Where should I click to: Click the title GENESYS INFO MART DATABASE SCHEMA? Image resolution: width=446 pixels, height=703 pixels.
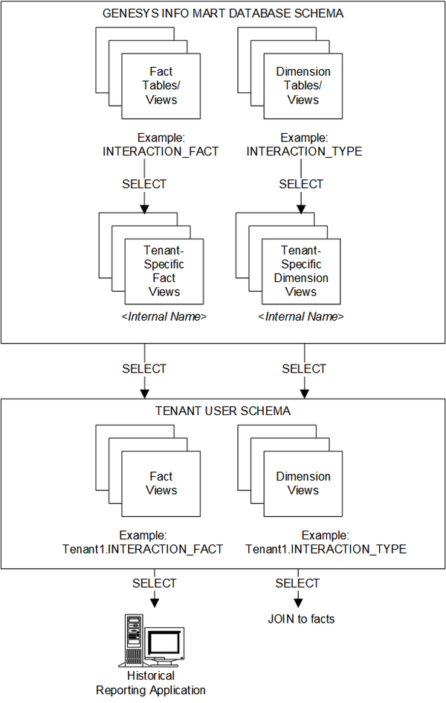pos(224,13)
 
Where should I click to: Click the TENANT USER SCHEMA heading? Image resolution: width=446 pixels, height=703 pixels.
pos(223,411)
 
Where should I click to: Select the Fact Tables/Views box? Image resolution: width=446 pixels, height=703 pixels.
pos(161,85)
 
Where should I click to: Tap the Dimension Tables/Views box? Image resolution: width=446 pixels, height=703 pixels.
pos(303,85)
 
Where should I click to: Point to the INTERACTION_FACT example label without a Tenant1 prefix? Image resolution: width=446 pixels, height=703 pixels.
pos(161,152)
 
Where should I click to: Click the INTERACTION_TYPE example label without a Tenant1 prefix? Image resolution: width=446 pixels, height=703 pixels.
pos(304,152)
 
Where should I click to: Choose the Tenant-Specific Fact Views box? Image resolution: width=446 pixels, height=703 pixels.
pos(164,271)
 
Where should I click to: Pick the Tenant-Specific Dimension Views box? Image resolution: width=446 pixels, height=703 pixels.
pos(301,271)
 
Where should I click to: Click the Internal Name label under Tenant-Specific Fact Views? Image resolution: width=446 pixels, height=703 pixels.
pos(164,317)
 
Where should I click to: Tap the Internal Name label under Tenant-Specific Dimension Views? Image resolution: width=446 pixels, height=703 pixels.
pos(301,317)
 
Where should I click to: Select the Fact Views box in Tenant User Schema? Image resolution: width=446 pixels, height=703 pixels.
pos(161,484)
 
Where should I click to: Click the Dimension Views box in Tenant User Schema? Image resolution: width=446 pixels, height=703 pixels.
pos(303,484)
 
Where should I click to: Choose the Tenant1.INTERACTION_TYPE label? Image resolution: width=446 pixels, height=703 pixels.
pos(326,550)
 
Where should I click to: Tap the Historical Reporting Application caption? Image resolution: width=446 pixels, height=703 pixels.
pos(151,683)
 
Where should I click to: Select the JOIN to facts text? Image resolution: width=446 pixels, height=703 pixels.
pos(301,618)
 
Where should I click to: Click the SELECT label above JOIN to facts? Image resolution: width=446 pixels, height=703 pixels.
pos(297,583)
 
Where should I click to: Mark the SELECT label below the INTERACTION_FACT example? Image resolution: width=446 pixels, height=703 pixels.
pos(144,184)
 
